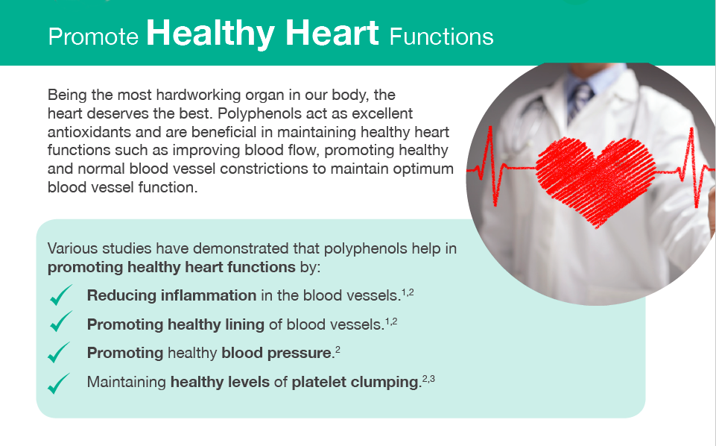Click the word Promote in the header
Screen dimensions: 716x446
[x=93, y=37]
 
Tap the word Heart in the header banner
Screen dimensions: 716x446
[x=332, y=33]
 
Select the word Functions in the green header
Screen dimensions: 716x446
[x=441, y=37]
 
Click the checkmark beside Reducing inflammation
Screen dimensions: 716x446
[x=61, y=295]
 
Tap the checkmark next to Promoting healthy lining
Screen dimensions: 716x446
[x=61, y=321]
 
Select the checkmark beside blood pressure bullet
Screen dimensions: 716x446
[x=59, y=352]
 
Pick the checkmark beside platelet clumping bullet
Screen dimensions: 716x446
[x=59, y=383]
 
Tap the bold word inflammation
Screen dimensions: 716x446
[x=208, y=295]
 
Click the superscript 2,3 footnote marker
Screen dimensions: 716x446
[x=428, y=378]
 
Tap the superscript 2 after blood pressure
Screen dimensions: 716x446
[x=338, y=350]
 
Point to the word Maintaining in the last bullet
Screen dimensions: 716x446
[x=127, y=382]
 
